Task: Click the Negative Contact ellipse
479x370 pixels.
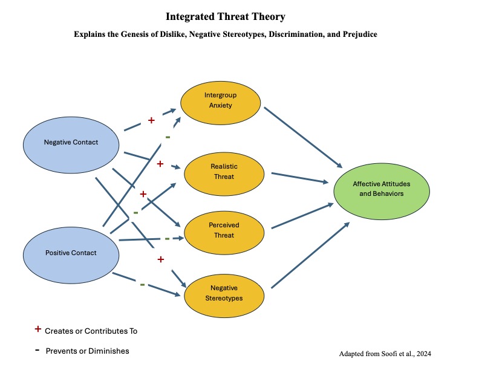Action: click(x=71, y=143)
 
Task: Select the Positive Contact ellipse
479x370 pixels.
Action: click(x=71, y=253)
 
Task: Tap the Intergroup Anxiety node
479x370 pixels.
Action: click(x=220, y=100)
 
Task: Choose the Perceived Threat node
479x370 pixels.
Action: click(x=224, y=230)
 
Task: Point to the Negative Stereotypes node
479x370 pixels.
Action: click(x=224, y=293)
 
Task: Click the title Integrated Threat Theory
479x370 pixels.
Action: click(x=225, y=17)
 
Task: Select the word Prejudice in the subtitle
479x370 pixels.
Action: click(x=360, y=34)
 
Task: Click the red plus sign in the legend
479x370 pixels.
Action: click(x=38, y=329)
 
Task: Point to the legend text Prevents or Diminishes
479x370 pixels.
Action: click(x=87, y=351)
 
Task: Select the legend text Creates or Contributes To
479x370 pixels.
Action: click(x=91, y=331)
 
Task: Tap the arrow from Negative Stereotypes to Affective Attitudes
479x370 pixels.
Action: click(x=310, y=256)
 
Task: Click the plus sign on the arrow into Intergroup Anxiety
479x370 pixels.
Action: click(x=151, y=120)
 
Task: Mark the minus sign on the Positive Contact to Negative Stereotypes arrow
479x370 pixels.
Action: click(x=142, y=284)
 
